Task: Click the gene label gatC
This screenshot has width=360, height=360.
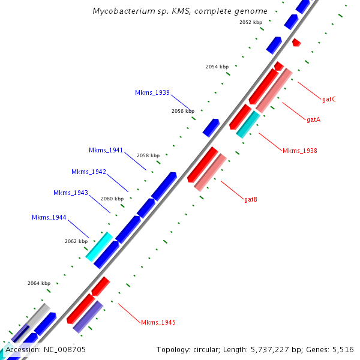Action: tap(329, 99)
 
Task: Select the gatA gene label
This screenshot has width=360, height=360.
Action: tap(313, 119)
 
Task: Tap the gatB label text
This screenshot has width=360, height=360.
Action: tap(251, 199)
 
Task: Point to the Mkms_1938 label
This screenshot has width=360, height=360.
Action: tap(299, 151)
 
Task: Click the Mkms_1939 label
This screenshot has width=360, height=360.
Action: tap(152, 92)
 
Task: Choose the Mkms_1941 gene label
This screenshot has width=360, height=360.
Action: tap(106, 150)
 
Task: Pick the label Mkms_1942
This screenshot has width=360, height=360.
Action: tap(89, 172)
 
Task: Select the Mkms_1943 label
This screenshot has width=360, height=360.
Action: tap(71, 193)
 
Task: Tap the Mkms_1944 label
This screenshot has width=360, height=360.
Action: tap(49, 217)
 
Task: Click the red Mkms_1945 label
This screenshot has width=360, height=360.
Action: tap(158, 322)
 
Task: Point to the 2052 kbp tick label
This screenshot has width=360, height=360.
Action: tap(251, 22)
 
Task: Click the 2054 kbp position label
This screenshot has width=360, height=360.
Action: tap(217, 67)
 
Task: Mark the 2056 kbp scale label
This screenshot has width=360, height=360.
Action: tap(183, 111)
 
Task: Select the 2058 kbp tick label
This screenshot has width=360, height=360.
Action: tap(148, 155)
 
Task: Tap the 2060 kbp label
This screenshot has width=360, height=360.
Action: tap(112, 198)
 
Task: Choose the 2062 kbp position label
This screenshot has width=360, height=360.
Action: tap(76, 241)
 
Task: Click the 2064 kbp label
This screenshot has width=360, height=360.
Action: tap(39, 283)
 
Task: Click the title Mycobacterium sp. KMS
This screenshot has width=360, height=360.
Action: tap(180, 11)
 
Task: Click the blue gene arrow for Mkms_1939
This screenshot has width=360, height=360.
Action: tap(211, 127)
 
